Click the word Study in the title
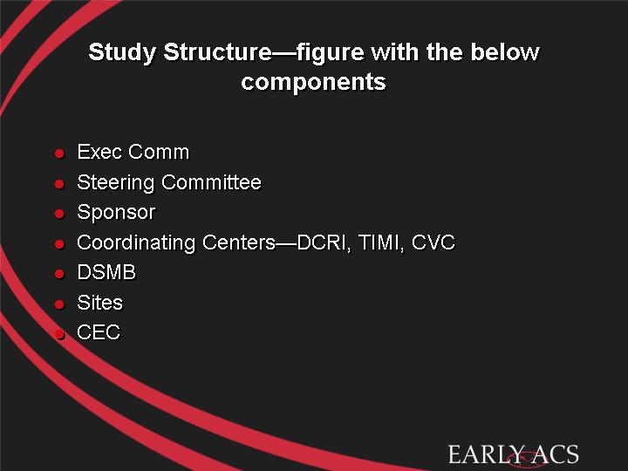[122, 53]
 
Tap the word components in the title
[314, 83]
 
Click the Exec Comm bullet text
[133, 152]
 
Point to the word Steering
[116, 183]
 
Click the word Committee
[211, 182]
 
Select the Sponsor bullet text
[116, 213]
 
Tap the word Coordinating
[136, 243]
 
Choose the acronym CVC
[433, 242]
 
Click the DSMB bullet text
[106, 272]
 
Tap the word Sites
[99, 303]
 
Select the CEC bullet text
[99, 332]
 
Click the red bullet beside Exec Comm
[59, 154]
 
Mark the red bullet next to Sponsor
[59, 214]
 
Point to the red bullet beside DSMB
[59, 274]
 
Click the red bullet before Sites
[59, 304]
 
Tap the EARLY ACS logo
[513, 455]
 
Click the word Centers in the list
[239, 242]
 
